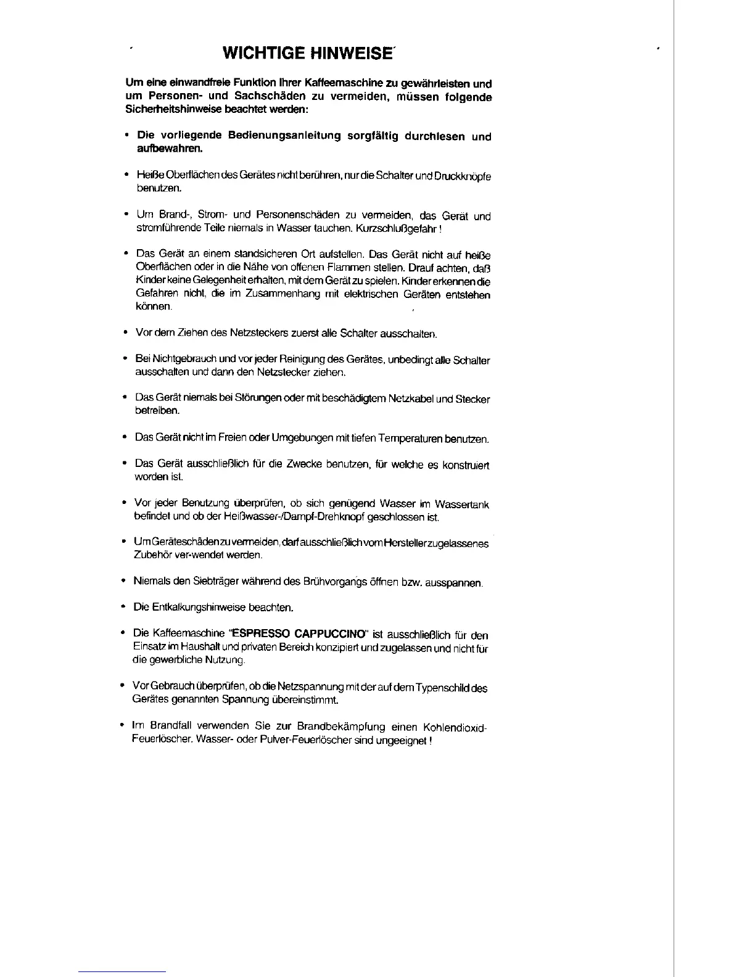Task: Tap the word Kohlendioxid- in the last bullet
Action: click(x=456, y=727)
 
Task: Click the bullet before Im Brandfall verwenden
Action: click(x=123, y=726)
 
